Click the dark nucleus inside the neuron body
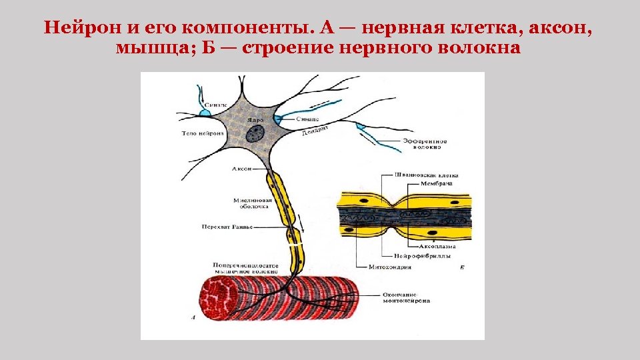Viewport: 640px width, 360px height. [254, 134]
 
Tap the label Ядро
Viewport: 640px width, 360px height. [255, 120]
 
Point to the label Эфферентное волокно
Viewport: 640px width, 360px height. [425, 145]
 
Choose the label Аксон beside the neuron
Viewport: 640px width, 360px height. [241, 169]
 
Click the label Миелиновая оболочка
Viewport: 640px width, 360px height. [251, 203]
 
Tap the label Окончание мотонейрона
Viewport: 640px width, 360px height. [406, 298]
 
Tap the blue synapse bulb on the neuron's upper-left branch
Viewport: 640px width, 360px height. [205, 113]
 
